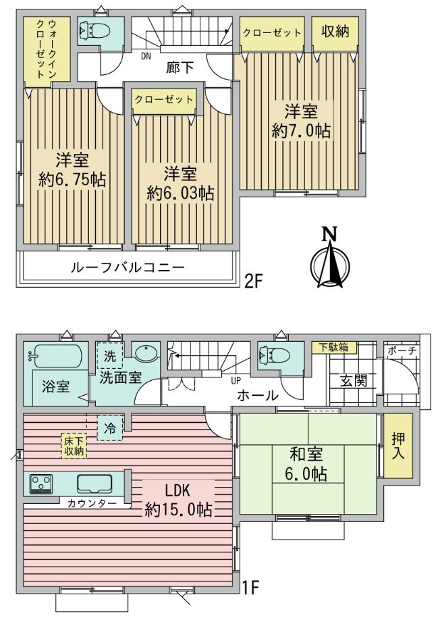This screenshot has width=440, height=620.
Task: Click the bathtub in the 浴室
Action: pos(55,356)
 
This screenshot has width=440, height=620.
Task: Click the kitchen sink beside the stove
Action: pos(94,483)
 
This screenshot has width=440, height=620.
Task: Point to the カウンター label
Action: pos(92,503)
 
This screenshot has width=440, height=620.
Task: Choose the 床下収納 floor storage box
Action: pos(74,446)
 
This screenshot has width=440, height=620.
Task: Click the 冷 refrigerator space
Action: pos(110,428)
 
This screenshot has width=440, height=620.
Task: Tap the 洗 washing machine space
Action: pos(110,356)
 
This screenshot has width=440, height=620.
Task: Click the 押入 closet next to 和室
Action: pos(398,445)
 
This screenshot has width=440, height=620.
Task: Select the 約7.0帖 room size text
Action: pos(301,130)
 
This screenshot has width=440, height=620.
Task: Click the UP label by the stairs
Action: pos(236,381)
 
